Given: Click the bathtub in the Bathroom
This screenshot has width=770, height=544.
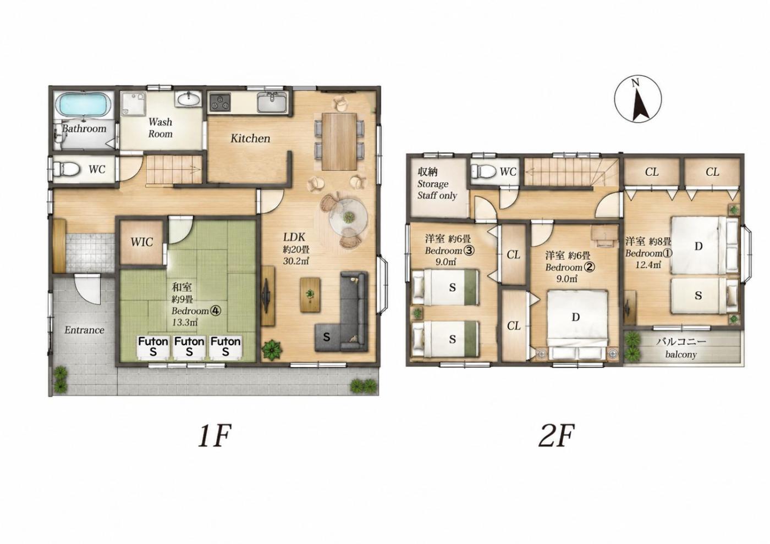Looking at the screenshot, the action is [84, 105].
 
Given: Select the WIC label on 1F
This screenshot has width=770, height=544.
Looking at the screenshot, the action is [142, 242].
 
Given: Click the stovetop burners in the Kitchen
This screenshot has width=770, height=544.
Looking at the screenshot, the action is [220, 102].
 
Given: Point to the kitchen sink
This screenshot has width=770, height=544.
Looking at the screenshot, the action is [272, 102].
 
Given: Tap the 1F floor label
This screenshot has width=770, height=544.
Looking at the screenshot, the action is [214, 435].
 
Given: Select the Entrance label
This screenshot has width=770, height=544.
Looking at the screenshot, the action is [84, 330].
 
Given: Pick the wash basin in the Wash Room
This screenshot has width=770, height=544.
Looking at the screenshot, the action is [189, 99].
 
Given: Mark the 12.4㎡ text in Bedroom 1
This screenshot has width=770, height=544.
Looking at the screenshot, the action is [641, 264].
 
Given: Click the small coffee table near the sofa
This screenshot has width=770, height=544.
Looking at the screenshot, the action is [310, 295].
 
